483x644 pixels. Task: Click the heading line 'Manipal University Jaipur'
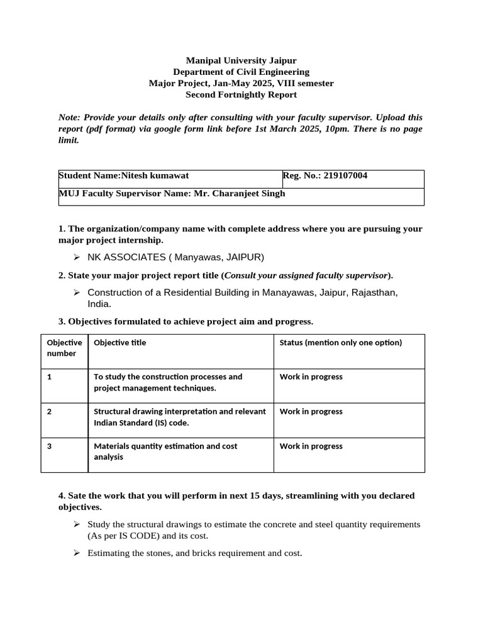coord(241,60)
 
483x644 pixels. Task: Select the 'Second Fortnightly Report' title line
coord(241,94)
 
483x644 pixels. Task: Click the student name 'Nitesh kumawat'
coord(155,176)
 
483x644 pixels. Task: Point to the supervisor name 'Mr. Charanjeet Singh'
coord(241,194)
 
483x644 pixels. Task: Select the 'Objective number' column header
coord(64,348)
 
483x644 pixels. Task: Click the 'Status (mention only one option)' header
coord(340,343)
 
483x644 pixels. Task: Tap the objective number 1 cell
coord(49,377)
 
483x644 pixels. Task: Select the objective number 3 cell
coord(49,447)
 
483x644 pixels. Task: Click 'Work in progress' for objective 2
coord(311,412)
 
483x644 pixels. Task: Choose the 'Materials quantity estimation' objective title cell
coord(165,452)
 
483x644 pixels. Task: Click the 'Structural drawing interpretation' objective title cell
coord(179,417)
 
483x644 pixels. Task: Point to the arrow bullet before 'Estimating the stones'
coord(76,553)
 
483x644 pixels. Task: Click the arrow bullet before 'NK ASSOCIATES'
coord(76,257)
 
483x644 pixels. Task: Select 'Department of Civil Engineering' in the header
coord(241,72)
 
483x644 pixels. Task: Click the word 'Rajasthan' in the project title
coord(375,292)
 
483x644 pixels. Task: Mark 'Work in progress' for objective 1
coord(311,377)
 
